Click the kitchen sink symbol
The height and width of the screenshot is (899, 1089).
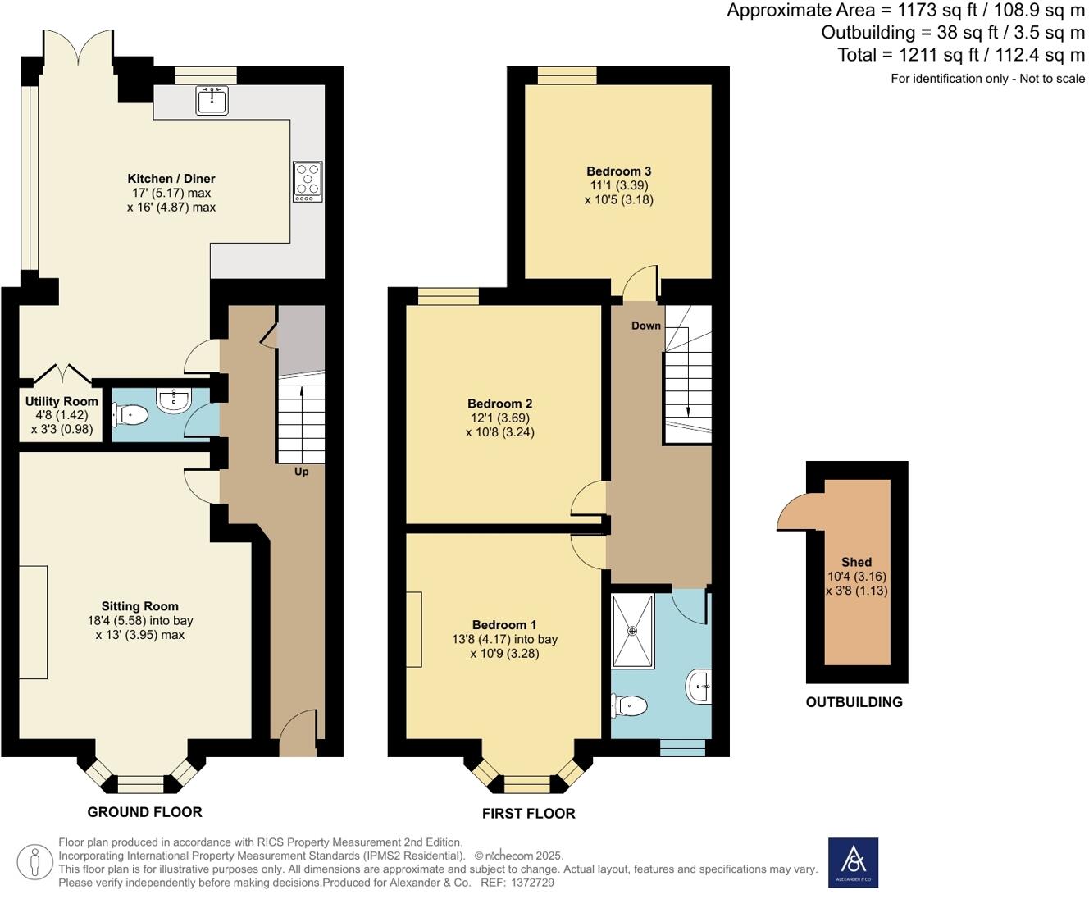coord(212,100)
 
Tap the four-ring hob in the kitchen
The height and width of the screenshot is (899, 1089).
coord(308,181)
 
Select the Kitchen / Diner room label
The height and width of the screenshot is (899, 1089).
coord(171,179)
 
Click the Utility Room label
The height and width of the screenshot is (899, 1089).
coord(62,402)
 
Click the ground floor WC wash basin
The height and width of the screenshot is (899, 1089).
coord(174,399)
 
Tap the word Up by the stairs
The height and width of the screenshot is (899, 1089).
coord(302,472)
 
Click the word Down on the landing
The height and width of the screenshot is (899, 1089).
coord(646,326)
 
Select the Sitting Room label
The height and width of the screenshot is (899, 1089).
coord(140,606)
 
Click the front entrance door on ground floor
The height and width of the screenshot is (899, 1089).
coord(297,734)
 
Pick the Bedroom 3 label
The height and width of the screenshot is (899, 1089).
coord(619,171)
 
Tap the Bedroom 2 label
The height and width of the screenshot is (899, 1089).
coord(500,404)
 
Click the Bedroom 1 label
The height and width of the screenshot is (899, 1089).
coord(505,625)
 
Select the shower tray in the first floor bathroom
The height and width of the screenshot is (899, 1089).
coord(632,631)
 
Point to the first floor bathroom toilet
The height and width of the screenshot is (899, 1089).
coord(630,705)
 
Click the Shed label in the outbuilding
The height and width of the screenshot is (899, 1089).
coord(856,562)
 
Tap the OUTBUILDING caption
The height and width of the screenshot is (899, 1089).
coord(854,702)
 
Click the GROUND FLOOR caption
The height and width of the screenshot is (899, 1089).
coord(144,812)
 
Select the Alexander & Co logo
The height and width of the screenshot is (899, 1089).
coord(853,862)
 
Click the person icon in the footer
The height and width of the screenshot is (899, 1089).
coord(34,863)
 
